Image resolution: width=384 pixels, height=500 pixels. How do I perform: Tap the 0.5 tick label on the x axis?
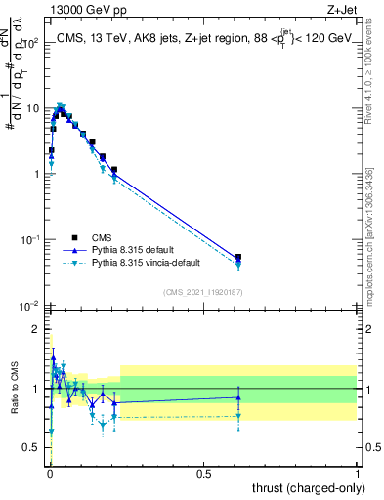[x=203, y=474]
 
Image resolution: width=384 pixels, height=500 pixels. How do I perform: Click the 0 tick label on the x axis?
[x=50, y=474]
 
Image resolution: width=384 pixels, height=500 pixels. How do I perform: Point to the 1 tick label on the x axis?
[x=357, y=474]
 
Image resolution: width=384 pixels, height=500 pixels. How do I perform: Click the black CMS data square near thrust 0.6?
[x=238, y=257]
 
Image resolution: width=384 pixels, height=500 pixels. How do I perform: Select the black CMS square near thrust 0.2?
[x=114, y=170]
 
